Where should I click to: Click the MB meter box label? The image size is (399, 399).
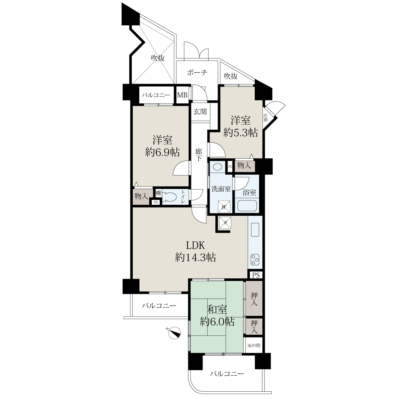tap(182, 95)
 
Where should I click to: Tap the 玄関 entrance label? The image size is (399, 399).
tap(200, 112)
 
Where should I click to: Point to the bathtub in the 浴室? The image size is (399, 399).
tap(247, 205)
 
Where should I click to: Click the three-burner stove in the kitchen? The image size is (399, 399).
tap(255, 260)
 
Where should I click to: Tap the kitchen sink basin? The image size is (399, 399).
tap(255, 229)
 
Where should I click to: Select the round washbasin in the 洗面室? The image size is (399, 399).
tap(217, 167)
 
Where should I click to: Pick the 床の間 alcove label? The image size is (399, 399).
tap(254, 345)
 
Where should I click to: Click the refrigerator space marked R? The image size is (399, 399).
tap(225, 223)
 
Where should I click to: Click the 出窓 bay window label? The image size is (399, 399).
tap(265, 117)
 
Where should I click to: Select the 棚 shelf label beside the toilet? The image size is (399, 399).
tap(158, 193)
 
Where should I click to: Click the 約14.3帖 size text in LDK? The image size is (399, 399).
tap(196, 257)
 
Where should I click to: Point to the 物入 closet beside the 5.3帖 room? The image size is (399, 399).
tap(244, 166)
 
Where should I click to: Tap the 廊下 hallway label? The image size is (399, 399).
tap(199, 155)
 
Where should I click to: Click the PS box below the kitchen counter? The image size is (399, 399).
tap(256, 275)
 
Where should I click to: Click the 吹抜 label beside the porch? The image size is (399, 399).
tap(231, 76)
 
